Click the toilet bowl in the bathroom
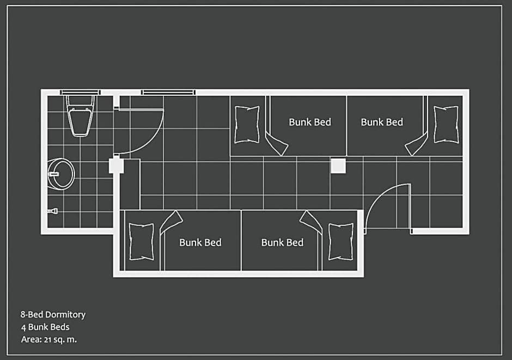coord(80,123)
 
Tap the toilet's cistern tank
coord(80,102)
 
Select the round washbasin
coord(61,174)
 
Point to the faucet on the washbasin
coord(53,174)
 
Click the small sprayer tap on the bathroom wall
coord(53,211)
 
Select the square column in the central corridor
coord(338,166)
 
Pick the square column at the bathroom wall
coord(116,165)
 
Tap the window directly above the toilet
coord(80,92)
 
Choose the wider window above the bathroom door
coord(168,93)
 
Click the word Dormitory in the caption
coord(65,315)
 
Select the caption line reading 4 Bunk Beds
coord(45,327)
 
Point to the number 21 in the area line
coord(47,340)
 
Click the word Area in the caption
coord(32,339)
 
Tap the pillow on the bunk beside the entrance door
coord(340,242)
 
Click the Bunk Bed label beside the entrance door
coord(283,242)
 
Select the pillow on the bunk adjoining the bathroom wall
coord(142,242)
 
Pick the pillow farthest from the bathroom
coord(446,124)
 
